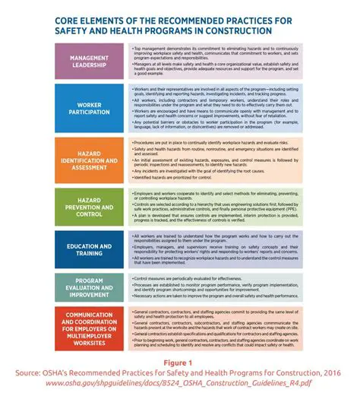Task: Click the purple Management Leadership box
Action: coord(88,62)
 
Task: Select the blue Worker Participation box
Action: coord(88,109)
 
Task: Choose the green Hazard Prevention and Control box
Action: coord(88,205)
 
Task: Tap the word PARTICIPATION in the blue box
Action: coord(88,114)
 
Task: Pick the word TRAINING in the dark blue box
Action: coord(88,252)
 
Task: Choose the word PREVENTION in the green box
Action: coord(88,205)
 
